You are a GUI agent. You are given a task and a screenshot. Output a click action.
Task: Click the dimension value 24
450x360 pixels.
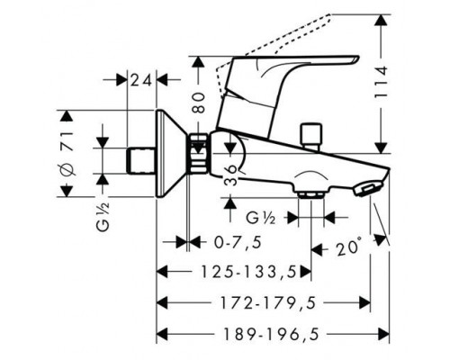(x=142, y=80)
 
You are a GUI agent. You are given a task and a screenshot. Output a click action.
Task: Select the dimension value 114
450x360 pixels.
(x=382, y=82)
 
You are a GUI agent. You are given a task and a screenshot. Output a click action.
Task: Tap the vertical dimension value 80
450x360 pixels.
(x=199, y=103)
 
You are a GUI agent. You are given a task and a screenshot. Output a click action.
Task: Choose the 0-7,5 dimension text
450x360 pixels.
(x=238, y=242)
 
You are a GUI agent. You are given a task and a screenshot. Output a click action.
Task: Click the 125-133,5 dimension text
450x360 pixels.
(x=248, y=272)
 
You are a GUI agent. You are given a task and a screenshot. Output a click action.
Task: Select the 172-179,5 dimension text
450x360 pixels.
(x=268, y=303)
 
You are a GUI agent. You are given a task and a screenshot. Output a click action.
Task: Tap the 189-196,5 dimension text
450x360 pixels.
(x=271, y=334)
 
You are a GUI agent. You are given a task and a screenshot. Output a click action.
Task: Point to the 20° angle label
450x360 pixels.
(x=348, y=247)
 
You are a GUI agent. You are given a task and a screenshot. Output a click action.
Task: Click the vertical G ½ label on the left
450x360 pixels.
(x=103, y=217)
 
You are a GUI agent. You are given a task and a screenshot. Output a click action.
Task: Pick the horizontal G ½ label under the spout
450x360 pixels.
(x=261, y=218)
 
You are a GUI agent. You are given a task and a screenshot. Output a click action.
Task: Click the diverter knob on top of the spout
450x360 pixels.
(x=311, y=135)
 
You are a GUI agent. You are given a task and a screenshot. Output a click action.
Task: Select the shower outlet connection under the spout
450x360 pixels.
(x=311, y=193)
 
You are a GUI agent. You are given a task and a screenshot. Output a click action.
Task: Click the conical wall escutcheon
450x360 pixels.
(x=170, y=154)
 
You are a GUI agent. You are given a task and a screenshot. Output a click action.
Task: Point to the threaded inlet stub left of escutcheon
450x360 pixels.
(x=140, y=161)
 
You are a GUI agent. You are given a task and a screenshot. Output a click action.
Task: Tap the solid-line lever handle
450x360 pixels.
(x=279, y=96)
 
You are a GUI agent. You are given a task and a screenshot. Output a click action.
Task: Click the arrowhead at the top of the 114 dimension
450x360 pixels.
(x=382, y=21)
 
